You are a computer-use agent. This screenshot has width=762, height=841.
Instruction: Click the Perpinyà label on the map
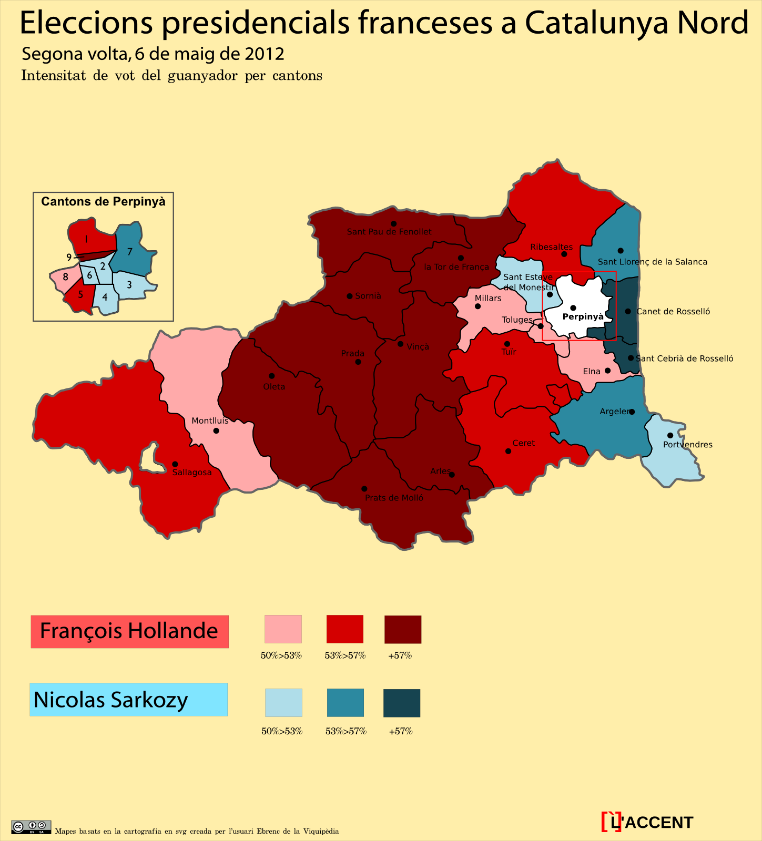[583, 316]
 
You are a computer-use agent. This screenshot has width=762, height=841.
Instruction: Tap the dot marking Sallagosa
[175, 464]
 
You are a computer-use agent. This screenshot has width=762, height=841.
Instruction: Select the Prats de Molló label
[394, 498]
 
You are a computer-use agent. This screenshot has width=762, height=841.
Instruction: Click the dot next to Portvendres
[670, 435]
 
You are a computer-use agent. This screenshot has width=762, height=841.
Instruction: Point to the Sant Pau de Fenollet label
[389, 232]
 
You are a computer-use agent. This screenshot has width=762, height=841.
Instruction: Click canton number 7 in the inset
[129, 252]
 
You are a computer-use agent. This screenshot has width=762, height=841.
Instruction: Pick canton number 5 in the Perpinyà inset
[80, 294]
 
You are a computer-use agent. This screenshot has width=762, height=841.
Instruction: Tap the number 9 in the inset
[69, 257]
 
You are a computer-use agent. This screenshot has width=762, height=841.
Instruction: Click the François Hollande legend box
[129, 631]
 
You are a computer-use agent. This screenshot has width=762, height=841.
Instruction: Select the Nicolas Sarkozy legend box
[128, 700]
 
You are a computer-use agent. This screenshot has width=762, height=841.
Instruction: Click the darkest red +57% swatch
[403, 629]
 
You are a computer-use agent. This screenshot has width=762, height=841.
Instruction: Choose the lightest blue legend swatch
[283, 703]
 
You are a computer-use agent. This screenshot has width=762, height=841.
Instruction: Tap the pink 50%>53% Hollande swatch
[283, 629]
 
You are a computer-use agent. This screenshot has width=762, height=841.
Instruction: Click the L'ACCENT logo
[647, 822]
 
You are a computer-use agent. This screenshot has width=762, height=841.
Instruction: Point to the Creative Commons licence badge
[31, 827]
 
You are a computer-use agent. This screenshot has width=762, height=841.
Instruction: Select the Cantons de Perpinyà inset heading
[103, 202]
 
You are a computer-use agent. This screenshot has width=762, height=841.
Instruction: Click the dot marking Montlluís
[216, 431]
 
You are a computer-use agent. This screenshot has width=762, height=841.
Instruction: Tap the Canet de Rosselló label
[673, 312]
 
